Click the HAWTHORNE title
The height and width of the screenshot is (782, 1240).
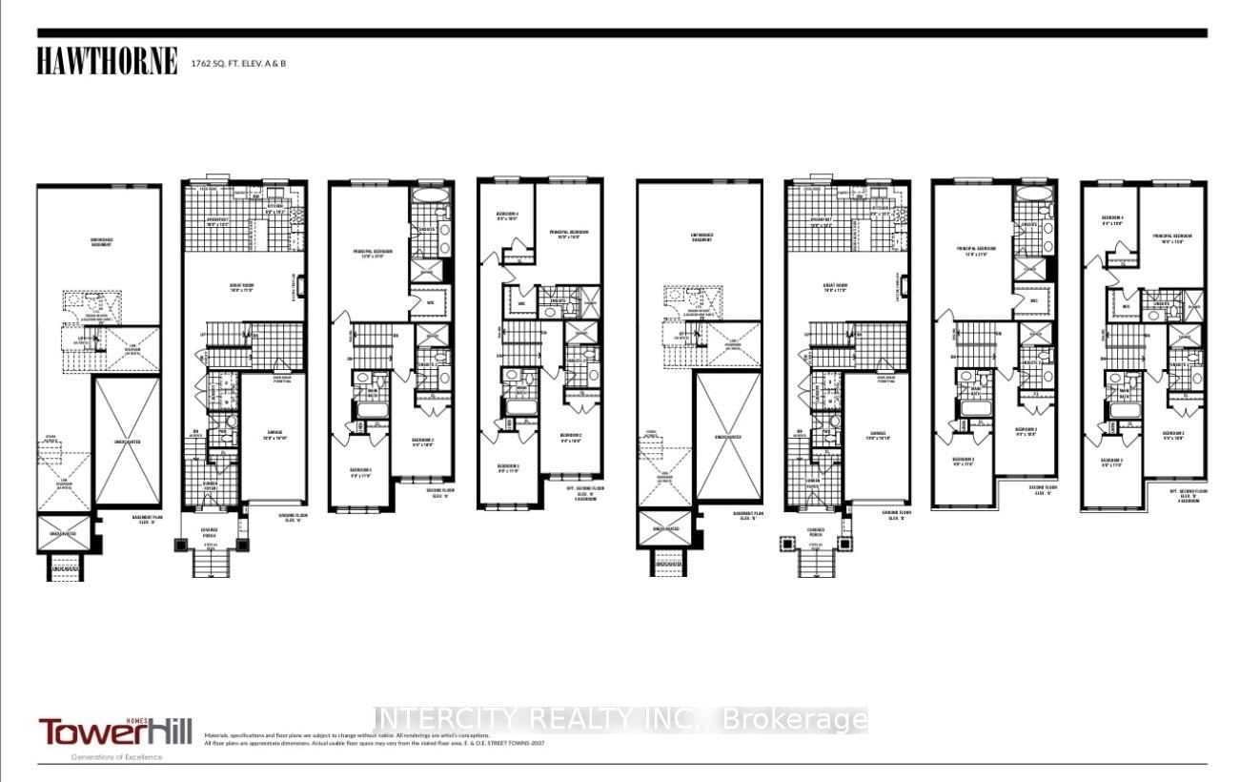click(x=107, y=62)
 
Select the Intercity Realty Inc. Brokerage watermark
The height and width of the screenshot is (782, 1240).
click(x=620, y=719)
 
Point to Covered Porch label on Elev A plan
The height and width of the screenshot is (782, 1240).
click(x=209, y=532)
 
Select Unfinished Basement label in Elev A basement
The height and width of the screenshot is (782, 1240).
click(x=101, y=241)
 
